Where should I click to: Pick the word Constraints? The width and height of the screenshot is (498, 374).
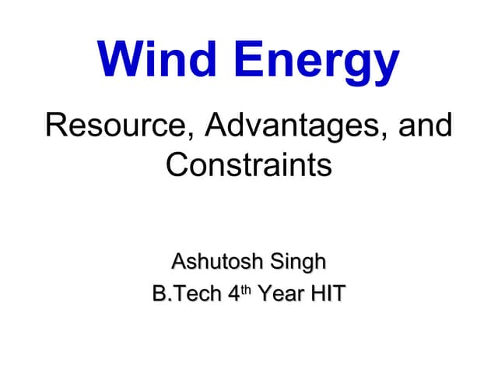tap(249, 164)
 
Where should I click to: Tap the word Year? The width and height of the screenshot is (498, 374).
tap(280, 295)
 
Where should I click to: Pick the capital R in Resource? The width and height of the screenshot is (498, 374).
tap(56, 127)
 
